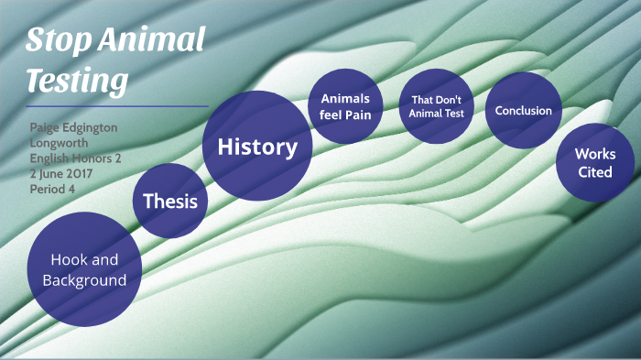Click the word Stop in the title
(59, 41)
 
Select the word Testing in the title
(76, 82)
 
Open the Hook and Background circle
(84, 269)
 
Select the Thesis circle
(171, 200)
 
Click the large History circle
(256, 147)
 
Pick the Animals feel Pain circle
(344, 107)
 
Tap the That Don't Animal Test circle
(437, 107)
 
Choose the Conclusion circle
(523, 111)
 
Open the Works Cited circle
(595, 163)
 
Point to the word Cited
(595, 172)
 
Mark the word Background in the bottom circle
(84, 280)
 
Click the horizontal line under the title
(117, 106)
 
